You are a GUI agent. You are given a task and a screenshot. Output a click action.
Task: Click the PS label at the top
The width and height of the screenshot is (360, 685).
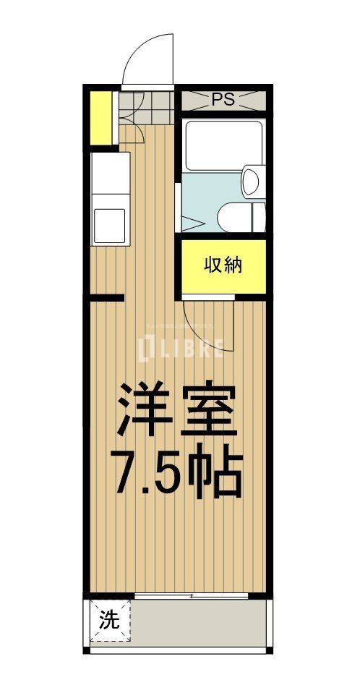(223, 100)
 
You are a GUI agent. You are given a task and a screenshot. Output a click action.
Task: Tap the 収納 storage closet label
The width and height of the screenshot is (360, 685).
(223, 265)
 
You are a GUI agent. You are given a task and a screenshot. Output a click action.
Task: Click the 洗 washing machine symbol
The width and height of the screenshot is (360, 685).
(109, 620)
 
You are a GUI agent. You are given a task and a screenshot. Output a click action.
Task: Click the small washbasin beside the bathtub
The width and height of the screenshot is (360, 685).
(252, 181)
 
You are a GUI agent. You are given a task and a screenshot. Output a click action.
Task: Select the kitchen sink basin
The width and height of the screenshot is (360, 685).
(109, 226)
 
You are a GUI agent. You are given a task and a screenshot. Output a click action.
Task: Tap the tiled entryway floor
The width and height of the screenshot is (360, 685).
(147, 109)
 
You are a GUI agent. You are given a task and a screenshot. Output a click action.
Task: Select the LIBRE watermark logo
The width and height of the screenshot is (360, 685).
(181, 349)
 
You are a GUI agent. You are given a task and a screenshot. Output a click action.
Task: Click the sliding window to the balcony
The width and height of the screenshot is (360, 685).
(192, 596)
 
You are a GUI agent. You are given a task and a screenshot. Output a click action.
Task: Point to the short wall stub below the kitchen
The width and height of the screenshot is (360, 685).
(107, 297)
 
